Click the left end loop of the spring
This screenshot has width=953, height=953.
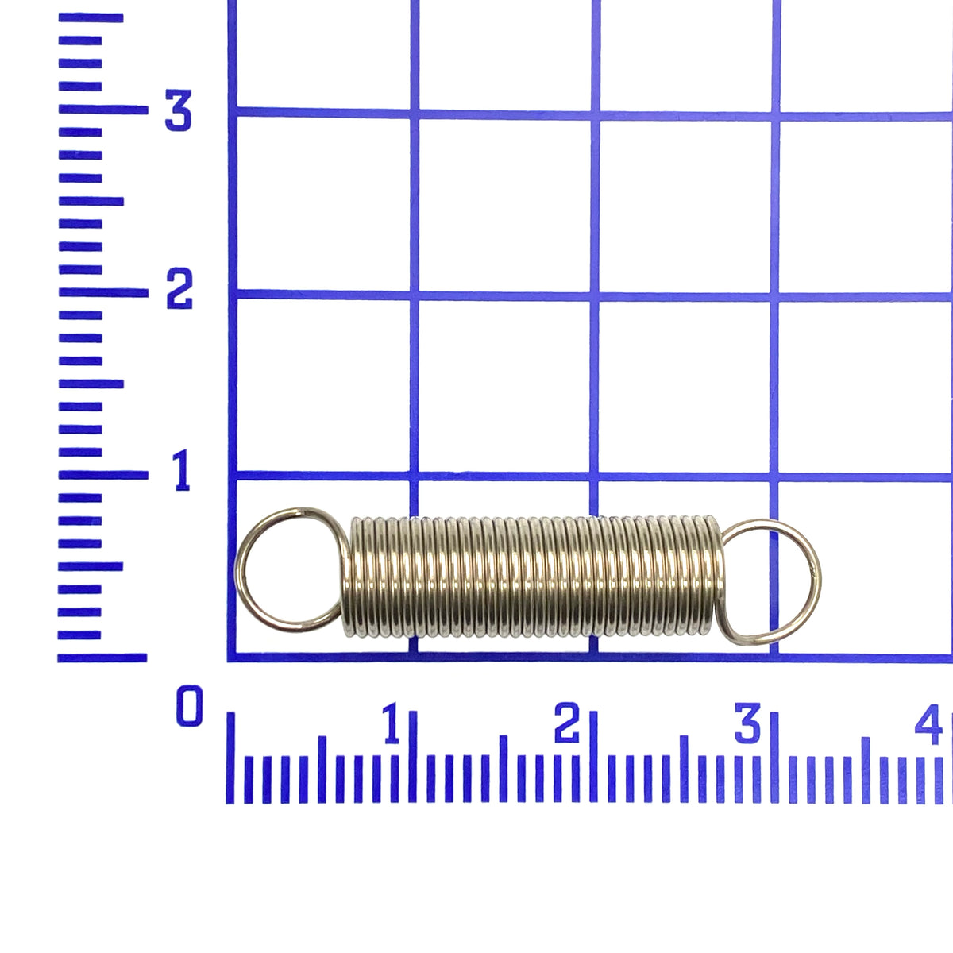pyautogui.click(x=287, y=570)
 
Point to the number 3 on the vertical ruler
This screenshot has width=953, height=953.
pyautogui.click(x=178, y=111)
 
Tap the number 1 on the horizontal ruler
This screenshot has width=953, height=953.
pyautogui.click(x=392, y=724)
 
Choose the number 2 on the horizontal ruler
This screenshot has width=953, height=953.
pyautogui.click(x=567, y=724)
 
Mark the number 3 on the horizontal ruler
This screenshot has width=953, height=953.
pyautogui.click(x=747, y=724)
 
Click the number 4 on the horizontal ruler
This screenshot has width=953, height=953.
pyautogui.click(x=930, y=724)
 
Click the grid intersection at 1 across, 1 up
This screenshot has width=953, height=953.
pyautogui.click(x=414, y=477)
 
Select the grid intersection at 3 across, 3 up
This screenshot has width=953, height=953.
pyautogui.click(x=774, y=115)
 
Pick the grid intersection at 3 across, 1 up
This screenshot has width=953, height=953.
pyautogui.click(x=774, y=477)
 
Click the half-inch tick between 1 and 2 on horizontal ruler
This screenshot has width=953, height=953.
pyautogui.click(x=503, y=766)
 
